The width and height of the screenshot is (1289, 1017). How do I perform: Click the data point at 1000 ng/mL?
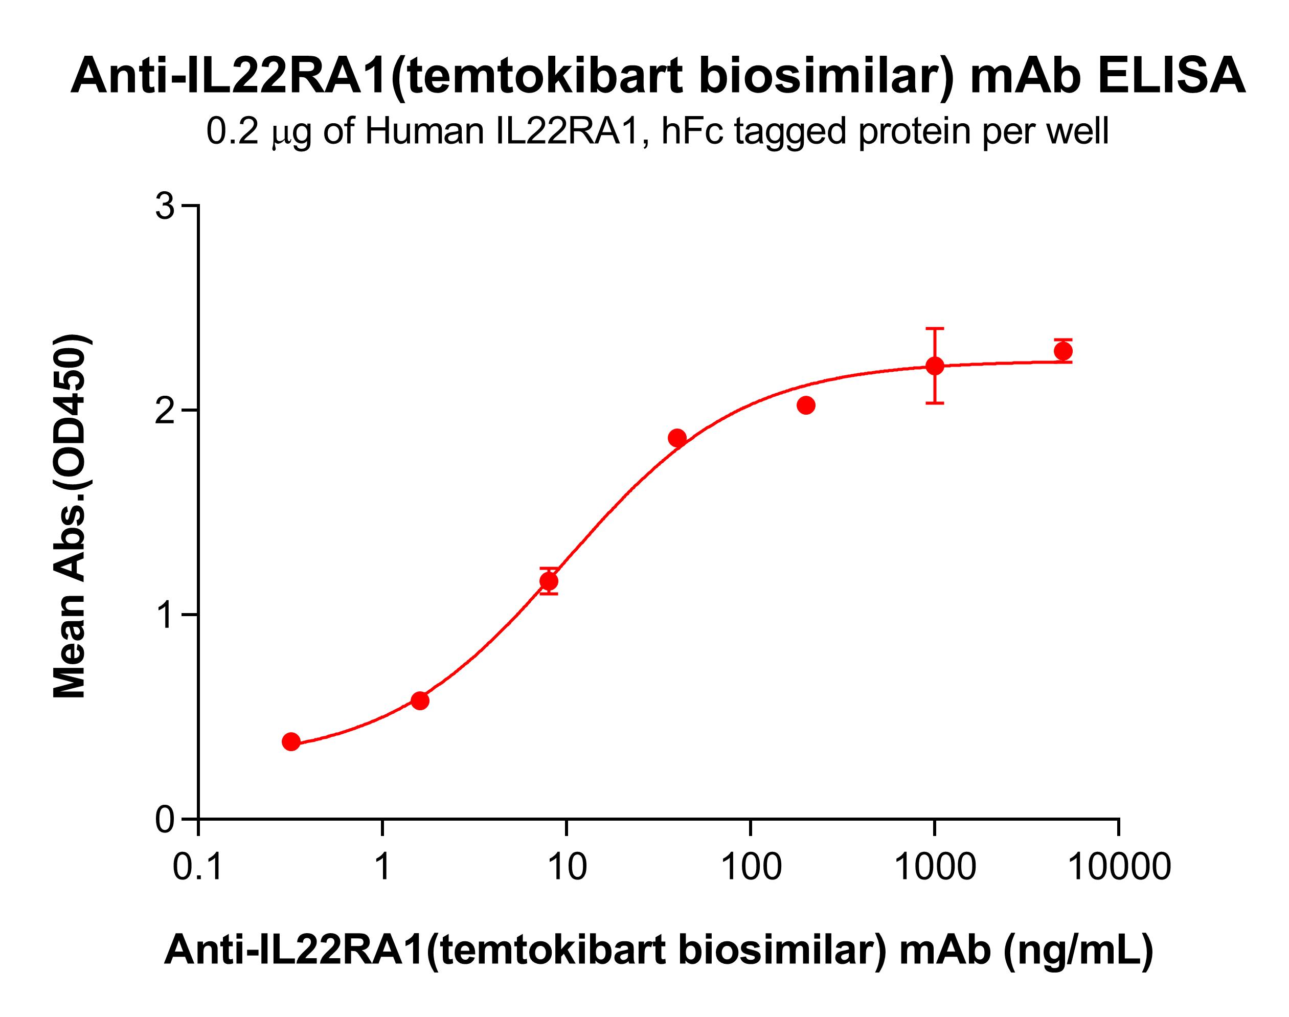[x=935, y=366]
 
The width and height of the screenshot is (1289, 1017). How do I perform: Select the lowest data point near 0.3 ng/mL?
[x=291, y=742]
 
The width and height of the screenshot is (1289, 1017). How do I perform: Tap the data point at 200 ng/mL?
[x=805, y=405]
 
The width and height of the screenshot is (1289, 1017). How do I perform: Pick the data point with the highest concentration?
[x=1063, y=351]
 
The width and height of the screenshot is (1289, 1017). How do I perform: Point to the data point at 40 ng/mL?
[x=677, y=438]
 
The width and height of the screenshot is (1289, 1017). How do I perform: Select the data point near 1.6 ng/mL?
[x=420, y=701]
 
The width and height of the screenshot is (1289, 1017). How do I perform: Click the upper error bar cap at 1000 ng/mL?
[x=935, y=329]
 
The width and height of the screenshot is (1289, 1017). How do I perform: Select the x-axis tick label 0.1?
[x=198, y=867]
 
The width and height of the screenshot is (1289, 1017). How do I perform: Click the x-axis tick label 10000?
[x=1119, y=867]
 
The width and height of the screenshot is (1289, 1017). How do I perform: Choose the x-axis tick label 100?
[x=751, y=867]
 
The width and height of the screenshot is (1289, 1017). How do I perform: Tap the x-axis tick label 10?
[x=567, y=867]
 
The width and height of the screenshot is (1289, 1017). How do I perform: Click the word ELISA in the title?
[x=1171, y=76]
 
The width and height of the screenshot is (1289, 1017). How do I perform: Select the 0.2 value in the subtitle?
[x=232, y=131]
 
